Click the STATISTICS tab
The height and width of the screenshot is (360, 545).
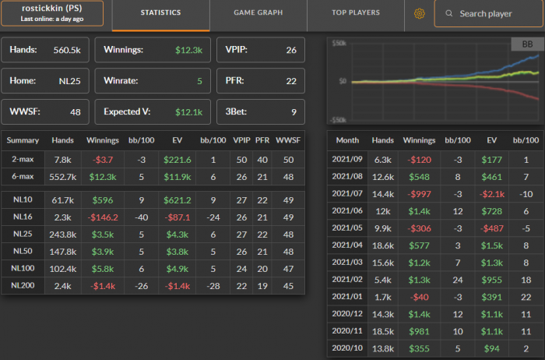pos(161,13)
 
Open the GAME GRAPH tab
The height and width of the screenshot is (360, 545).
pos(258,13)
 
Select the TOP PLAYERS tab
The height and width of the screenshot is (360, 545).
pos(356,13)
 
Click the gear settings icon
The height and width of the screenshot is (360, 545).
pos(420,13)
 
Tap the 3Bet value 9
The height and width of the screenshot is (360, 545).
pos(292,111)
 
